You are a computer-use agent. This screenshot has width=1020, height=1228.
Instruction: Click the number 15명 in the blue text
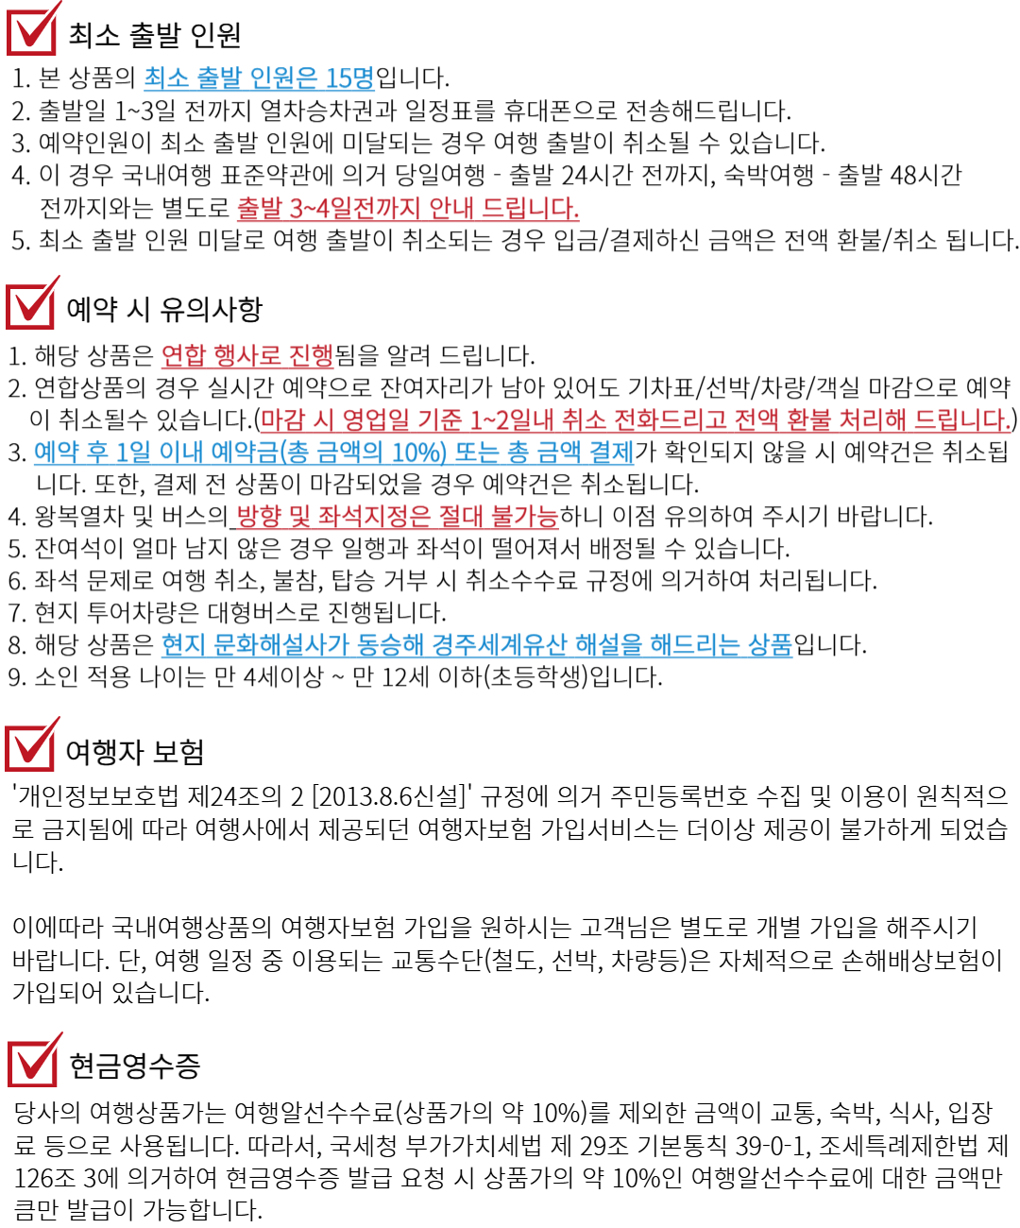click(x=349, y=78)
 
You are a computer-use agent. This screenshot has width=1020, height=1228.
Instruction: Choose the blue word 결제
click(x=610, y=453)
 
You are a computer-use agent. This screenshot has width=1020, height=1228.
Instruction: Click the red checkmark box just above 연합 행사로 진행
click(x=31, y=304)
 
